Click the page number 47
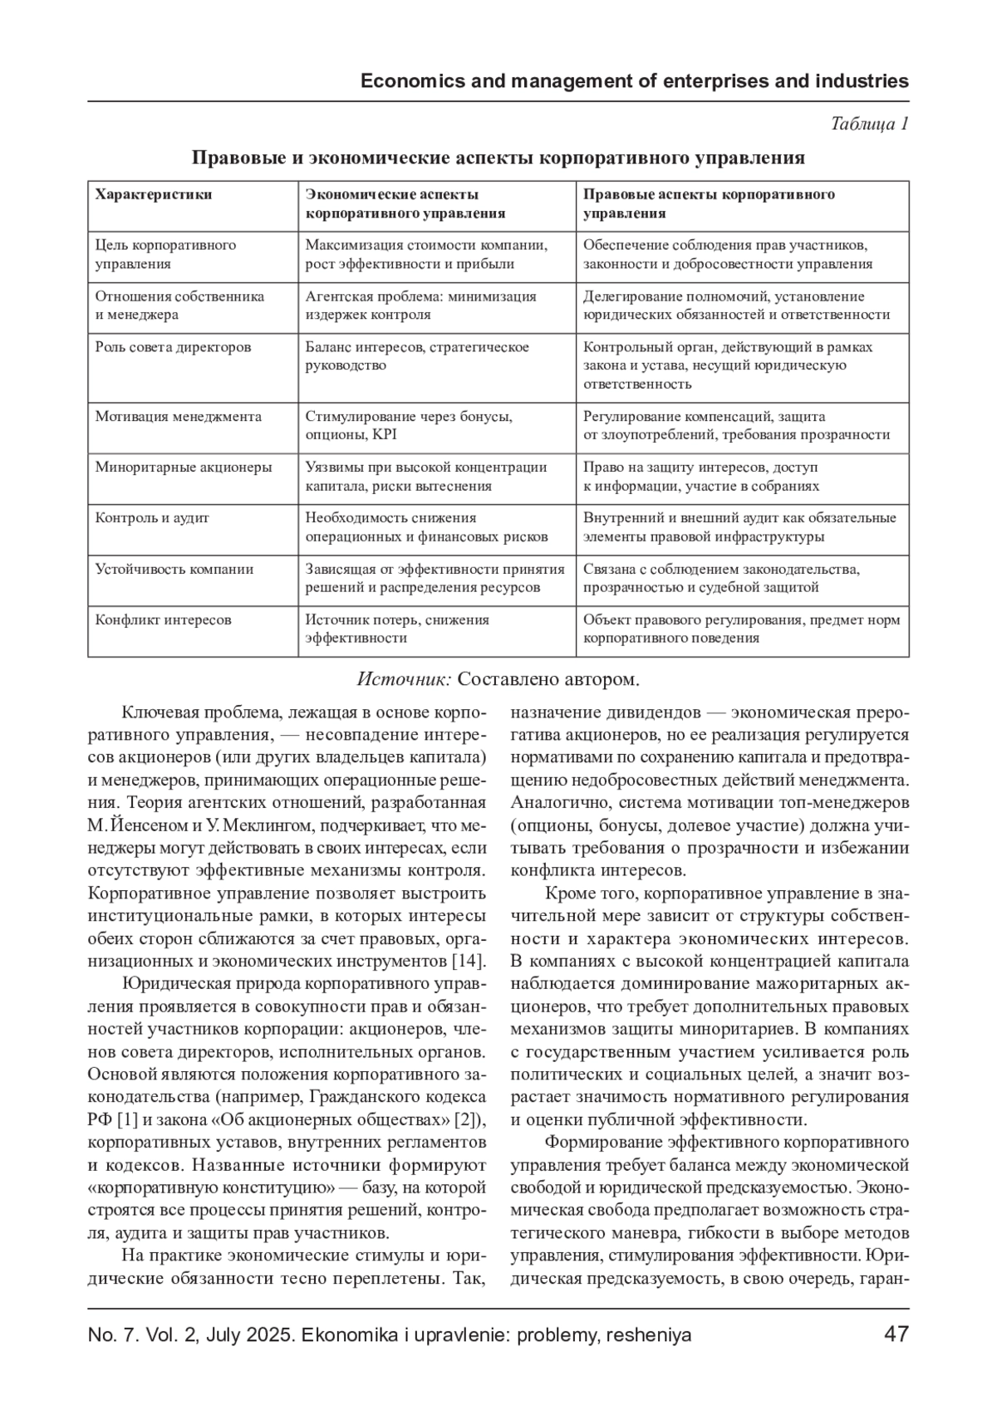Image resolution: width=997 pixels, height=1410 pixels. click(x=896, y=1334)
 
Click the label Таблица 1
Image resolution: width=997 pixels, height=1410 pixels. click(x=869, y=124)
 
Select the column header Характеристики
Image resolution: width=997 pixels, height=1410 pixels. click(x=154, y=194)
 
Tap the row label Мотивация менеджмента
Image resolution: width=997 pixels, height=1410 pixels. click(x=179, y=416)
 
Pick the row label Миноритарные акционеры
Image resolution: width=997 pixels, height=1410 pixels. click(x=184, y=467)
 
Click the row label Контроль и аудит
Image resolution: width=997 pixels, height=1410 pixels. click(x=152, y=517)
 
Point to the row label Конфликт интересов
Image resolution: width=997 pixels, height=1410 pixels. click(x=163, y=619)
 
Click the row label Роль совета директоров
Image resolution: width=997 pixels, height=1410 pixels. click(x=173, y=347)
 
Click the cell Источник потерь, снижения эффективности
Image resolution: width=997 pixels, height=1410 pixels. click(x=397, y=629)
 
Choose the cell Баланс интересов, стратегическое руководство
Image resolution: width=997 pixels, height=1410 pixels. click(x=417, y=356)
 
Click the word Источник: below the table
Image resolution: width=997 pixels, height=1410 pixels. click(x=404, y=679)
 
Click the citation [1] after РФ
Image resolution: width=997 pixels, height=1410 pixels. click(x=127, y=1119)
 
